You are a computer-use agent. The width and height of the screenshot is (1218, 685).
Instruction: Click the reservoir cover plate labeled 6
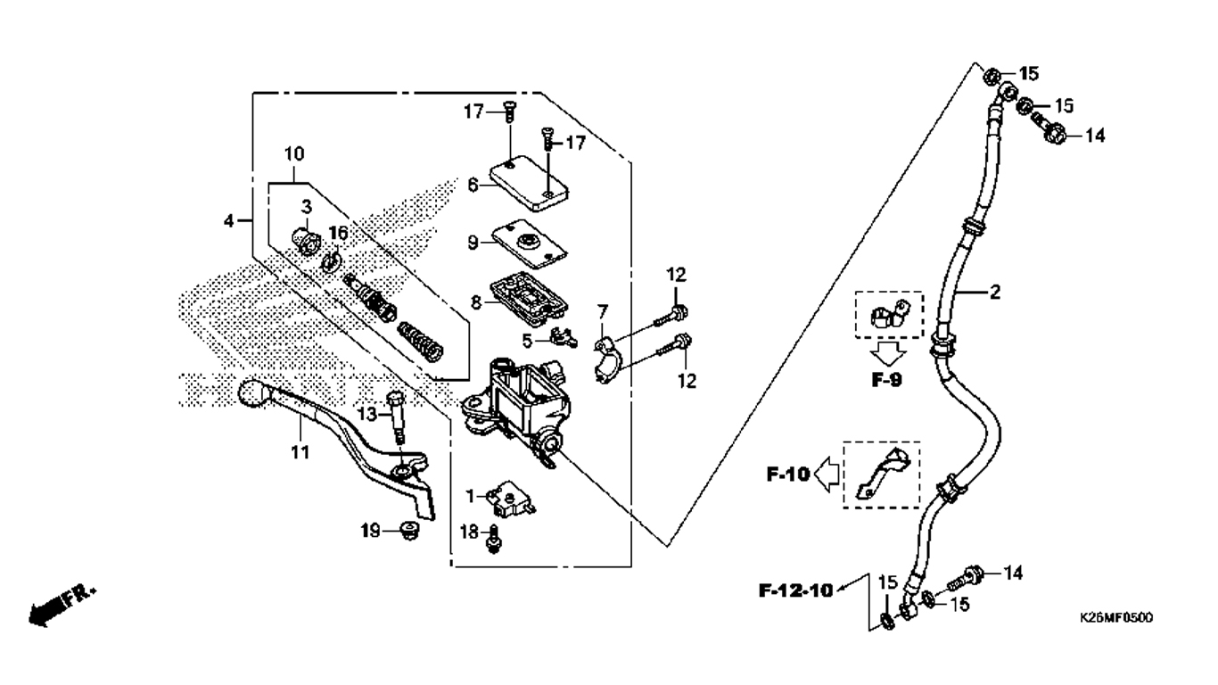pos(529,184)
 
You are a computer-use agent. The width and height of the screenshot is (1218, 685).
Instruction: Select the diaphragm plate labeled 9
pos(529,243)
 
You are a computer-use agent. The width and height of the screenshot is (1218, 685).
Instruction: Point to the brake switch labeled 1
pos(511,498)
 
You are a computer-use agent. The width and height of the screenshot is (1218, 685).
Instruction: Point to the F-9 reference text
pos(886,380)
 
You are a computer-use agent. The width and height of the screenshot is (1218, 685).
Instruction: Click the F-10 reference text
pos(788,475)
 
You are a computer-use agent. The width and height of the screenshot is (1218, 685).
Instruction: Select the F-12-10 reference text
pos(796,590)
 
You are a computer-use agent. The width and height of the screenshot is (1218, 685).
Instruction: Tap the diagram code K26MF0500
pos(1115,618)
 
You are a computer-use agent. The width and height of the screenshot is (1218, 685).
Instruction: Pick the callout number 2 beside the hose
pos(994,293)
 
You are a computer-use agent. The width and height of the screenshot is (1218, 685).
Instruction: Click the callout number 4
pos(229,221)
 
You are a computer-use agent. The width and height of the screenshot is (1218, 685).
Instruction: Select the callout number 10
pos(294,154)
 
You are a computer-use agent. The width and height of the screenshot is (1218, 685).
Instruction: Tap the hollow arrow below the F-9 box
pos(888,354)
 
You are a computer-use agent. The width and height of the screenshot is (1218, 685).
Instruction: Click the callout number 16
pos(338,234)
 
